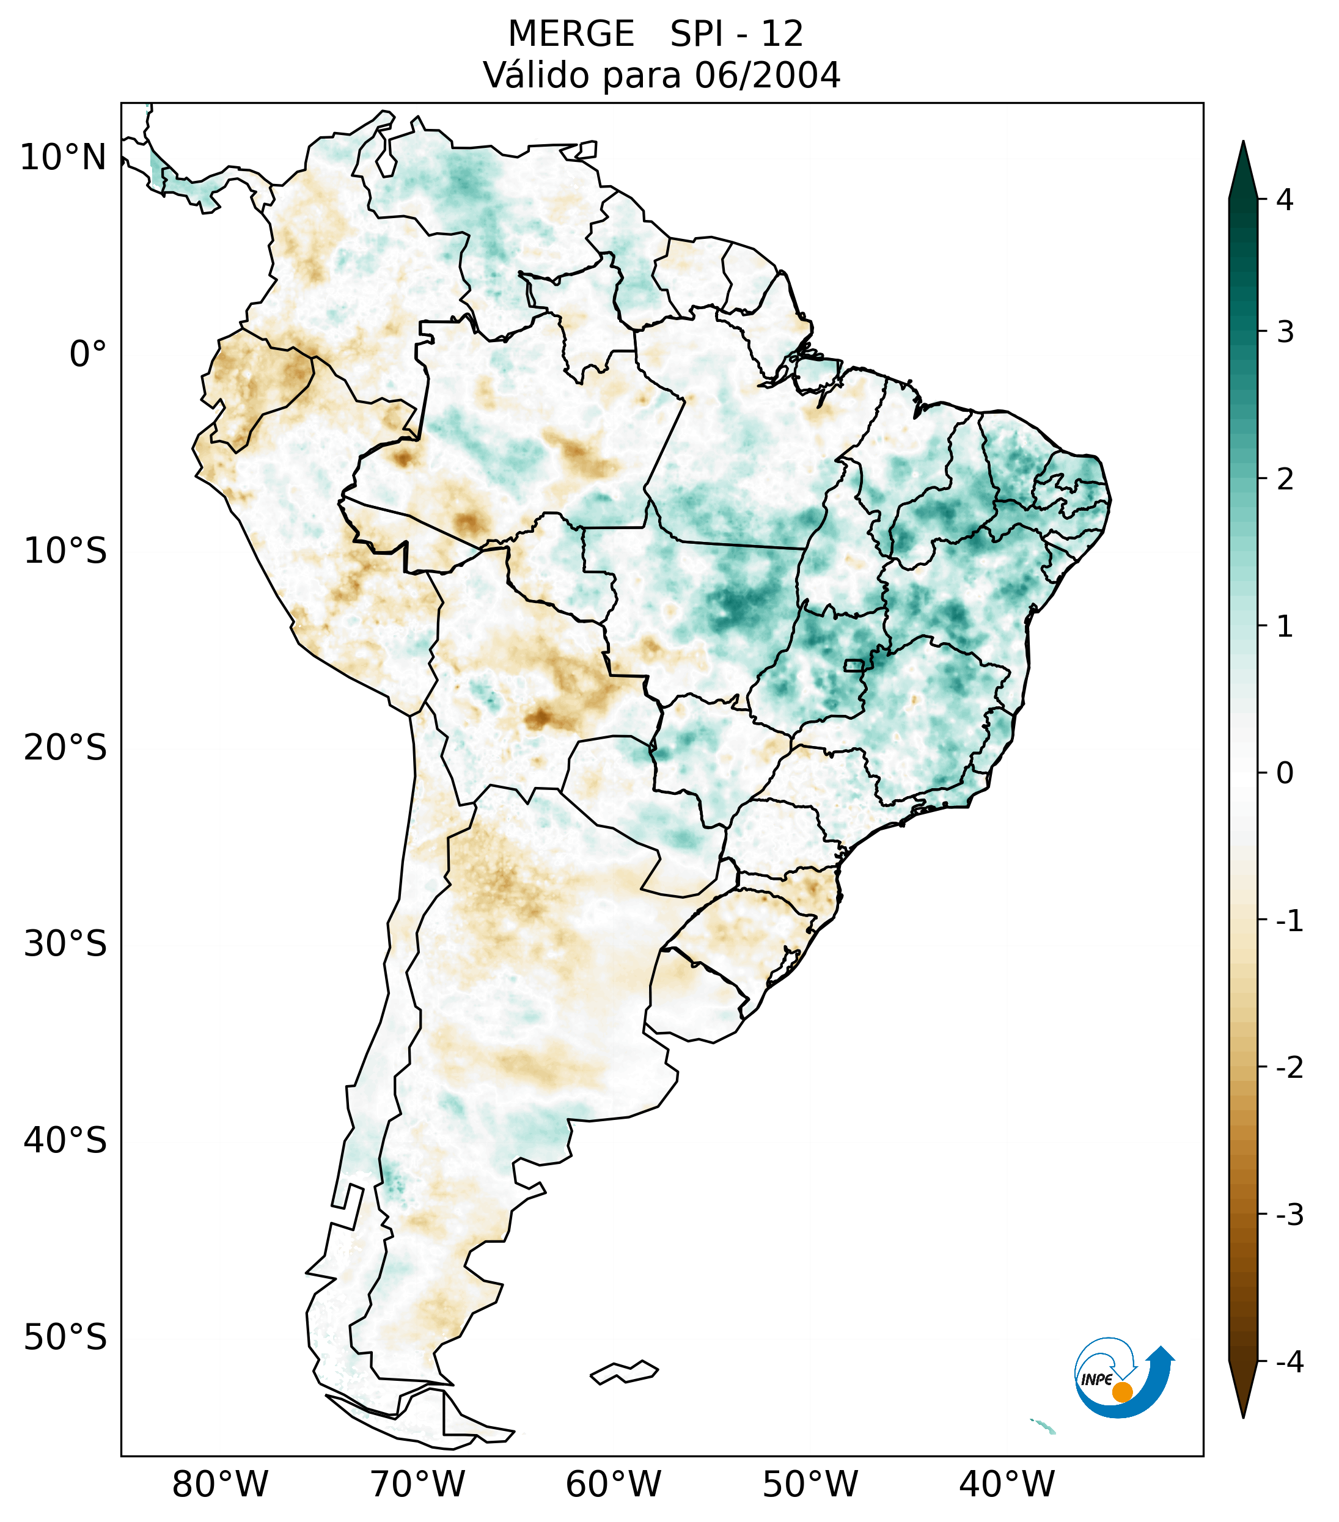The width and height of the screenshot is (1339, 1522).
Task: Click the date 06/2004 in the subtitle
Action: pyautogui.click(x=767, y=75)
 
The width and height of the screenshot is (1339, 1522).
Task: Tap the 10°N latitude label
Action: pyautogui.click(x=64, y=158)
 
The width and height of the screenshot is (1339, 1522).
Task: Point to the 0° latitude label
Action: pyautogui.click(x=88, y=354)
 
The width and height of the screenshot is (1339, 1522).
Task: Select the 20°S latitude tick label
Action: pyautogui.click(x=65, y=748)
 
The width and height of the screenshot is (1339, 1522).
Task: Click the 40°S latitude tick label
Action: pyautogui.click(x=65, y=1141)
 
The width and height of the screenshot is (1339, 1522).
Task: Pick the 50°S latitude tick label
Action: pyautogui.click(x=65, y=1338)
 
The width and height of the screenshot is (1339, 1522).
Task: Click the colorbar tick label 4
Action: pyautogui.click(x=1285, y=200)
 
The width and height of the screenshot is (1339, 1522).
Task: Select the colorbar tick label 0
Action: pyautogui.click(x=1285, y=774)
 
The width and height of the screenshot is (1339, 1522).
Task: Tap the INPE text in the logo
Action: pyautogui.click(x=1096, y=1380)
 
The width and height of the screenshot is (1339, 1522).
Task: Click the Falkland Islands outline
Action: pyautogui.click(x=624, y=1372)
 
